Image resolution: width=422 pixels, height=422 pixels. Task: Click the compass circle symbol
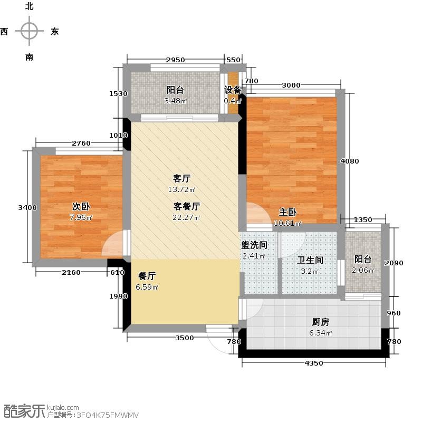coord(29,31)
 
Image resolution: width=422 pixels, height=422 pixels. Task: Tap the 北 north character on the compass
coord(30,6)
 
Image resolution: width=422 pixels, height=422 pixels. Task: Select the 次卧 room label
coord(81,206)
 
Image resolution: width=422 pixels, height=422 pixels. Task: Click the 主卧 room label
coord(287,212)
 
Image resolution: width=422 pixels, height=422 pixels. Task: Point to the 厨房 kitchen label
coord(321,322)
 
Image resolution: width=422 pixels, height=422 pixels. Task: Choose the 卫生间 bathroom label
coord(310,260)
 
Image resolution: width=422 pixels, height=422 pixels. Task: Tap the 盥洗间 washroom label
coord(254,245)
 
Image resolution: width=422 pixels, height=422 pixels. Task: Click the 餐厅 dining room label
coord(147,276)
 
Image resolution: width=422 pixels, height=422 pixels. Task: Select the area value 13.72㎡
coord(181,189)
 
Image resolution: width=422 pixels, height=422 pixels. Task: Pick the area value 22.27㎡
coord(186,217)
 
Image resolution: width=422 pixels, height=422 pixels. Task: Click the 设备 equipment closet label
coord(233,90)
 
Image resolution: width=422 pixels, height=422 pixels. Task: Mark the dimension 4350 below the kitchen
coord(314,363)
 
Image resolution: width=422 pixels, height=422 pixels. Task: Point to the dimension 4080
coord(350,161)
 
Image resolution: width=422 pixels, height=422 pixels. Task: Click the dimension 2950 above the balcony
coord(175,60)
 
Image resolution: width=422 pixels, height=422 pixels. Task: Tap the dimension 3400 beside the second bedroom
coord(27,207)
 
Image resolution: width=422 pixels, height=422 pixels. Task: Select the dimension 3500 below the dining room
coord(185,338)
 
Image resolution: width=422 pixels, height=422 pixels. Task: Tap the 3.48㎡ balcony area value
coord(176,101)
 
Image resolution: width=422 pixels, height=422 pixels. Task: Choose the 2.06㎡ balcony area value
coord(363,270)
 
